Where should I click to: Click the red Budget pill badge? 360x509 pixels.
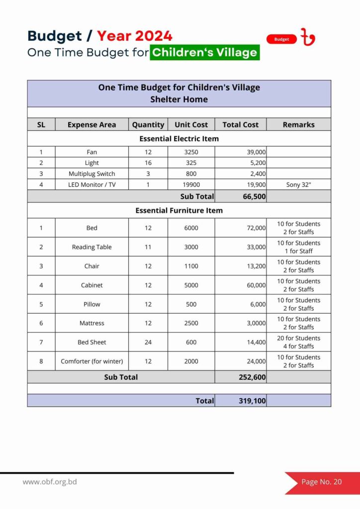point(281,39)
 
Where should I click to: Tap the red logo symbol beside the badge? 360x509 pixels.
point(308,37)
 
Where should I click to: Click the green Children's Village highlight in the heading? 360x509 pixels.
point(204,52)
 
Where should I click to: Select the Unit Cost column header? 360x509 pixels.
point(191,125)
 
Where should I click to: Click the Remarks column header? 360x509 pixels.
point(298,125)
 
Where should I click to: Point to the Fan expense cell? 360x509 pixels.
point(91,152)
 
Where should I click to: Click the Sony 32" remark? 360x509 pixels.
point(298,184)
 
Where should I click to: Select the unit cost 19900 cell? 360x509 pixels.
point(191,184)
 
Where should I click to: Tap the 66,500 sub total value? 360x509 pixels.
point(254,196)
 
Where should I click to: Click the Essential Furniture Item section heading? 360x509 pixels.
point(179,210)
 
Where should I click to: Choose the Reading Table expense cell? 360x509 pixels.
point(91,247)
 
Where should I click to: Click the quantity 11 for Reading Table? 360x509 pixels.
point(148,247)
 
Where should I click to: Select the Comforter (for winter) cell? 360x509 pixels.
point(91,361)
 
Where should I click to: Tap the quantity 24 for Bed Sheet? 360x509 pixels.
point(148,342)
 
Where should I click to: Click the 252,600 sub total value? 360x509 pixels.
point(252,377)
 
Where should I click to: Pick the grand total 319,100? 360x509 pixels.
point(252,401)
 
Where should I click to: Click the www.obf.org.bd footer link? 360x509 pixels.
point(50,482)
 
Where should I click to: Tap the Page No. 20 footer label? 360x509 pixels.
point(322,482)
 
